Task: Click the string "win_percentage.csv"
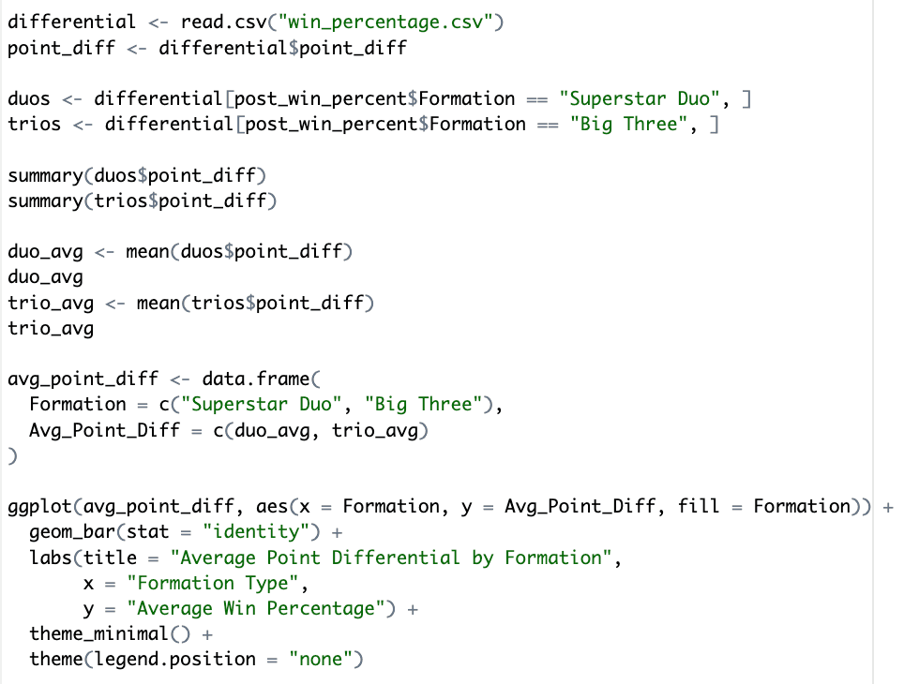coord(385,22)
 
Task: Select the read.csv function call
coord(342,22)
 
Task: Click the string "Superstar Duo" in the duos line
coord(640,99)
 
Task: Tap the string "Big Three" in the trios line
coord(629,125)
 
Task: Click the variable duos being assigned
coord(29,99)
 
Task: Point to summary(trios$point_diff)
coord(143,201)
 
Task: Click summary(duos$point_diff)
coord(137,176)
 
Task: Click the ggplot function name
coord(39,507)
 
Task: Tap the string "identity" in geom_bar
coord(256,532)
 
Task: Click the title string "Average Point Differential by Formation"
coord(391,558)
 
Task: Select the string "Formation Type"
coord(213,583)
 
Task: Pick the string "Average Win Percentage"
coord(256,608)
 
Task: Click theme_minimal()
coord(110,633)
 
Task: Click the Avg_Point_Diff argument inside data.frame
coord(104,430)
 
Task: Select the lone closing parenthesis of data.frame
coord(13,455)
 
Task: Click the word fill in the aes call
coord(699,507)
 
